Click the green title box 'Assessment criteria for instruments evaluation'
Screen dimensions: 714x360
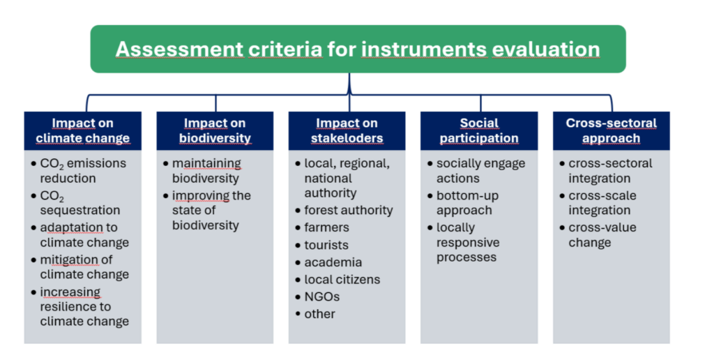coord(358,50)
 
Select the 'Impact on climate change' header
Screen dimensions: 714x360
coord(83,130)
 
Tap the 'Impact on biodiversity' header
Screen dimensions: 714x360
coord(215,130)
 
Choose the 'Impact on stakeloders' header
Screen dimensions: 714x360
coord(347,130)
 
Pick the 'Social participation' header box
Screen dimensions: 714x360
coord(479,130)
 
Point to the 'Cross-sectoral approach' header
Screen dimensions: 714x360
coord(611,130)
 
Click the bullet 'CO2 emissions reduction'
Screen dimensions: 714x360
coord(79,171)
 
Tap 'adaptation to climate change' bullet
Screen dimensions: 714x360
coord(80,235)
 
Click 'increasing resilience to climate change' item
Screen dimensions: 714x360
coord(80,307)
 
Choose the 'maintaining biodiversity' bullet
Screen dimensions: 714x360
coord(202,171)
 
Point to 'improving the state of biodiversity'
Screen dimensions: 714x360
coord(207,211)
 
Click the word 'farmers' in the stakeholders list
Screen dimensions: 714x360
coord(326,227)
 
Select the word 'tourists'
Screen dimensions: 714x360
coord(326,245)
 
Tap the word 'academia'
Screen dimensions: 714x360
coord(333,262)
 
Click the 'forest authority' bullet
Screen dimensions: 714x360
coord(344,211)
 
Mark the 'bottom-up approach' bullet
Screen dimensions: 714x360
coord(463,203)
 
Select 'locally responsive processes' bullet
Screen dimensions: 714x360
coord(464,242)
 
